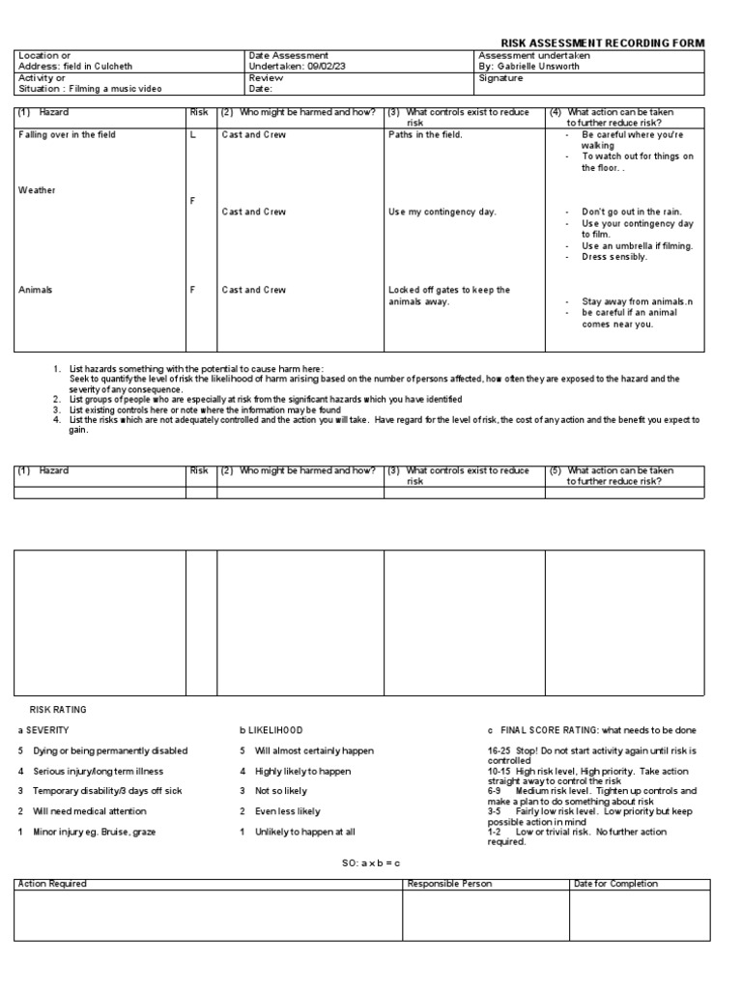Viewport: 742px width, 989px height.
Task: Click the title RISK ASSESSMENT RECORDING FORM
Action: click(x=602, y=43)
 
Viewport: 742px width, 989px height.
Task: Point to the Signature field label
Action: click(x=500, y=78)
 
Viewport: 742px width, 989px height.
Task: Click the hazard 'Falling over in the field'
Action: click(x=67, y=135)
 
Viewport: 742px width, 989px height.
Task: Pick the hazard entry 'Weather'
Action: click(x=37, y=190)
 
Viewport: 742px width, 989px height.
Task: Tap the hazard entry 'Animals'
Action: click(x=36, y=290)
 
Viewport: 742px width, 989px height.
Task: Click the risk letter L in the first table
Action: click(x=193, y=135)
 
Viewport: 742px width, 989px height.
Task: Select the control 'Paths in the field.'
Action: click(x=425, y=135)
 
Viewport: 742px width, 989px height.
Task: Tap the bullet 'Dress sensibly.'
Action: click(x=614, y=257)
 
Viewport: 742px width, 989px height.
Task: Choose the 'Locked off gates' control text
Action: click(x=449, y=290)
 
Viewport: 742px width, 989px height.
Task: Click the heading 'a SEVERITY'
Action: click(x=43, y=730)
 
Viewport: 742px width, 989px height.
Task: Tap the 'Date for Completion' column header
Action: click(x=615, y=884)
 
